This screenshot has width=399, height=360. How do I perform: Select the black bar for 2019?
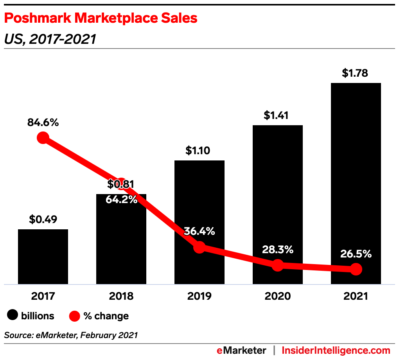pyautogui.click(x=199, y=203)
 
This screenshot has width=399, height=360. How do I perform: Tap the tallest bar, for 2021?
pyautogui.click(x=356, y=176)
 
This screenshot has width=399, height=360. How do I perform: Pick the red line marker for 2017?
pyautogui.click(x=43, y=138)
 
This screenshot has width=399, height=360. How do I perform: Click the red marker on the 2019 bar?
pyautogui.click(x=199, y=247)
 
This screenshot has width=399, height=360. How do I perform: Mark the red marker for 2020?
pyautogui.click(x=277, y=265)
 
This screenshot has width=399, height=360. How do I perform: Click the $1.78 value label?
pyautogui.click(x=355, y=73)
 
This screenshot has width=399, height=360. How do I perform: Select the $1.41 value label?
pyautogui.click(x=277, y=115)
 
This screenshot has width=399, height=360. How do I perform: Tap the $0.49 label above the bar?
pyautogui.click(x=43, y=220)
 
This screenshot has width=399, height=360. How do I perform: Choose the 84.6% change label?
pyautogui.click(x=43, y=122)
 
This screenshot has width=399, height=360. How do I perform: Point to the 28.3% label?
pyautogui.click(x=277, y=250)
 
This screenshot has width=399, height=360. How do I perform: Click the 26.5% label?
pyautogui.click(x=356, y=254)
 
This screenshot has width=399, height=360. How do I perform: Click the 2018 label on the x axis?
pyautogui.click(x=121, y=296)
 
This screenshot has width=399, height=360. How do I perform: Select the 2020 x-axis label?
pyautogui.click(x=277, y=296)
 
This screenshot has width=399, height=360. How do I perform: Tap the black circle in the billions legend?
pyautogui.click(x=13, y=316)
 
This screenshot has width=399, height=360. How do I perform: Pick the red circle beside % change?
pyautogui.click(x=75, y=316)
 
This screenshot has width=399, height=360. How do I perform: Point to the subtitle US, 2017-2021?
pyautogui.click(x=50, y=39)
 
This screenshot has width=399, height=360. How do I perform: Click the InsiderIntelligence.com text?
pyautogui.click(x=336, y=350)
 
